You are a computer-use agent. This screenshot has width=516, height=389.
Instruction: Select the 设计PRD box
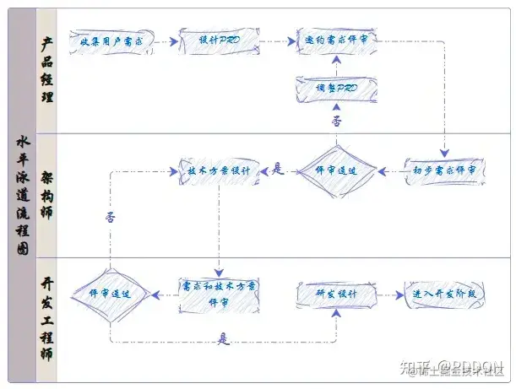point(219,41)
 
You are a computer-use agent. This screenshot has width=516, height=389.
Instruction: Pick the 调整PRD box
point(336,87)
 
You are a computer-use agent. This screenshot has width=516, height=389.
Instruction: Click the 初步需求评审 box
point(444,170)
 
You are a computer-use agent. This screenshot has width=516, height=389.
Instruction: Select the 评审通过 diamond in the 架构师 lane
point(335,170)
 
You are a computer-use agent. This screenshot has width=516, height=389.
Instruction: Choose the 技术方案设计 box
point(219,170)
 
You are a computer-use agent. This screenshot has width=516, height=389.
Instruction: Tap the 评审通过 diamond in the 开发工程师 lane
point(110,294)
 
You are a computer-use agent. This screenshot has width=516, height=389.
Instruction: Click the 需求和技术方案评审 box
point(219,294)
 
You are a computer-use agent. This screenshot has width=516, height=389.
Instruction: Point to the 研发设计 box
point(335,294)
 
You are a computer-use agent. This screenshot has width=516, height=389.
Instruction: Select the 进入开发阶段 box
point(444,294)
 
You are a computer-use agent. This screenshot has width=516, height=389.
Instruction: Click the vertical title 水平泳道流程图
point(22,194)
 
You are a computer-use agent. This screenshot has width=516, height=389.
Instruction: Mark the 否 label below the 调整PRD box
point(336,121)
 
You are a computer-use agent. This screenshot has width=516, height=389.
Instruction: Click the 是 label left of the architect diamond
point(278,169)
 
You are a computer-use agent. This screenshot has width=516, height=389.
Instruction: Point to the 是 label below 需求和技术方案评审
point(223,339)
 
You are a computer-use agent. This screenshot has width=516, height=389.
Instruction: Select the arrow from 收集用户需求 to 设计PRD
point(166,41)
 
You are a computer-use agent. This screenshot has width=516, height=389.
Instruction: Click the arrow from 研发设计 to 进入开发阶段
point(388,294)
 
